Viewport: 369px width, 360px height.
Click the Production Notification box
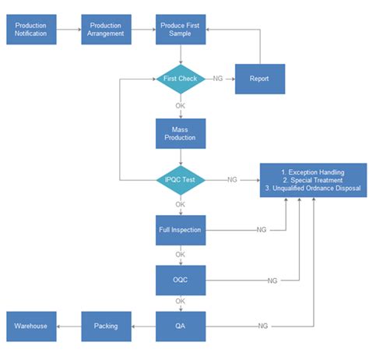pyautogui.click(x=31, y=30)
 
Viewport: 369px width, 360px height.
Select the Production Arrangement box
pyautogui.click(x=106, y=30)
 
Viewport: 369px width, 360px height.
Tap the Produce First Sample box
pyautogui.click(x=181, y=30)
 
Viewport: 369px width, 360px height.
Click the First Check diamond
pyautogui.click(x=181, y=79)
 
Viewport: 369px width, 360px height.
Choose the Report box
pyautogui.click(x=260, y=79)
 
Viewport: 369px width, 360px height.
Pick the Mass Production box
pyautogui.click(x=181, y=133)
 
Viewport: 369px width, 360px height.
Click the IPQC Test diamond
pyautogui.click(x=181, y=180)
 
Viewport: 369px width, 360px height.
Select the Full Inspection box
pyautogui.click(x=181, y=230)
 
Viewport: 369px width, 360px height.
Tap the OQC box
pyautogui.click(x=181, y=279)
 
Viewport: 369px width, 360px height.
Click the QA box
pyautogui.click(x=181, y=326)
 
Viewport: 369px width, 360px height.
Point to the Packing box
pyautogui.click(x=106, y=326)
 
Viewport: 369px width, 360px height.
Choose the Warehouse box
pyautogui.click(x=31, y=326)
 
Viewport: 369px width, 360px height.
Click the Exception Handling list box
pyautogui.click(x=312, y=180)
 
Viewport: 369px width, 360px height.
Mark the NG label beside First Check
pyautogui.click(x=219, y=79)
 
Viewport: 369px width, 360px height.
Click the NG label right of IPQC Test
pyautogui.click(x=232, y=180)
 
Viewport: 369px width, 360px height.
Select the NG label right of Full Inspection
pyautogui.click(x=262, y=230)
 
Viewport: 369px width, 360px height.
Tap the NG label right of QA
pyautogui.click(x=262, y=326)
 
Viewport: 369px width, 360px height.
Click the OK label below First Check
pyautogui.click(x=181, y=106)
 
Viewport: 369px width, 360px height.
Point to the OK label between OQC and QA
pyautogui.click(x=181, y=302)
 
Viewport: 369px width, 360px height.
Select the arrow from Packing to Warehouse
pyautogui.click(x=69, y=326)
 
